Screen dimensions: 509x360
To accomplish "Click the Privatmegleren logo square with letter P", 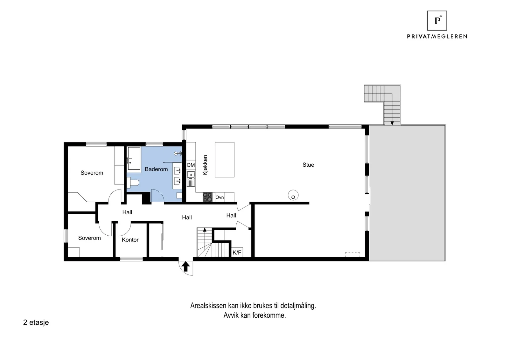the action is point(437,21).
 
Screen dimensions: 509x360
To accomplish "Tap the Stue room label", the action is point(308,165).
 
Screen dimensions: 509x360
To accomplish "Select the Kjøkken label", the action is point(205,165).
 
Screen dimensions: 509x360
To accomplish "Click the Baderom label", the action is point(156,169).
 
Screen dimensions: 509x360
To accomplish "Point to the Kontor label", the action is point(130,240).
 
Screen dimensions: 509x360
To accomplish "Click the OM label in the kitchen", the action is point(191,165).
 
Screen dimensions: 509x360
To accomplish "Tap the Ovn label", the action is point(220,197).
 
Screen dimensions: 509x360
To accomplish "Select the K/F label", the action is point(237,252).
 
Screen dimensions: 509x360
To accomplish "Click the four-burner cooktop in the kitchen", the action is point(207,197).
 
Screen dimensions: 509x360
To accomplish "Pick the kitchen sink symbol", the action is point(191,179).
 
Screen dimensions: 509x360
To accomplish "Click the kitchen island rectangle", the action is point(225,160).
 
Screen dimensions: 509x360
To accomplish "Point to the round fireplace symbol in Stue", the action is point(293,195).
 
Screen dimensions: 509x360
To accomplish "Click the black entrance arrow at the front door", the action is point(186,267).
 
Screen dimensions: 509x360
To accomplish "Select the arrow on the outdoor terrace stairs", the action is point(392,123).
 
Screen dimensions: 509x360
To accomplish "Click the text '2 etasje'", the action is point(36,322).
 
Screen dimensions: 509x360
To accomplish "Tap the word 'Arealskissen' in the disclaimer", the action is point(208,306).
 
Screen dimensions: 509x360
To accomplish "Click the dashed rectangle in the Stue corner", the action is point(352,254).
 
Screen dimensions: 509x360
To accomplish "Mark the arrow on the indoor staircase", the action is point(205,230).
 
